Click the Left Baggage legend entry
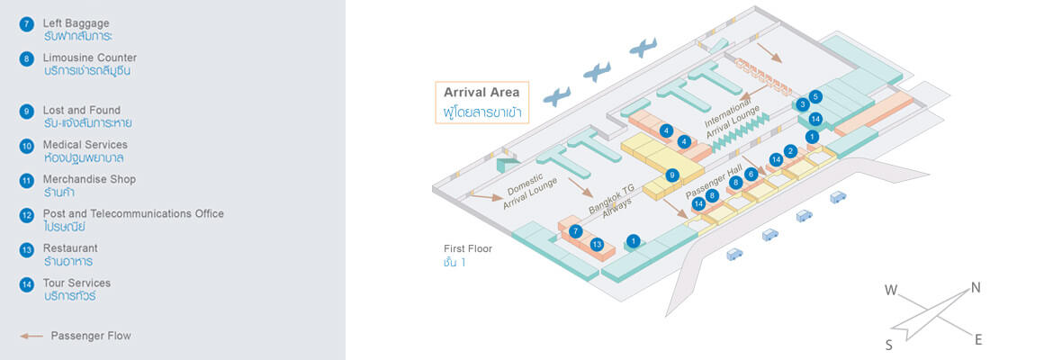76,22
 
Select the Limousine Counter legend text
90,58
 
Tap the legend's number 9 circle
26,112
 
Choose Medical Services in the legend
85,145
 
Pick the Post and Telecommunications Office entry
133,214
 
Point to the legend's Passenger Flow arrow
31,336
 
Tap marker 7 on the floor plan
575,231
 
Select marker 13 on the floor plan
597,244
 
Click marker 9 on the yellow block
671,175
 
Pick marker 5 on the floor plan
815,96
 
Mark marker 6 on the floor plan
751,174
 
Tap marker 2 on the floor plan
790,151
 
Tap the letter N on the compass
975,288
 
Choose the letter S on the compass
888,344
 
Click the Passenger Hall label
714,181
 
